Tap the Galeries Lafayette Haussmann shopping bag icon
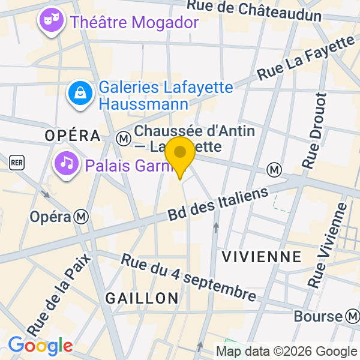point(79,93)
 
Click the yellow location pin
point(180,153)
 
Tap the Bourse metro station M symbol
point(352,316)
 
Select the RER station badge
point(17,161)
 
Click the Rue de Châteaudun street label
point(254,9)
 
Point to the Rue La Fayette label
point(306,58)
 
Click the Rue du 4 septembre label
point(188,278)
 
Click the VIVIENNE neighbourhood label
point(262,257)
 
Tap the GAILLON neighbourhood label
point(142,298)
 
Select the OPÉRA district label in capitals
point(73,136)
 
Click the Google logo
point(40,346)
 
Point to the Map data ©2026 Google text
point(286,352)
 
